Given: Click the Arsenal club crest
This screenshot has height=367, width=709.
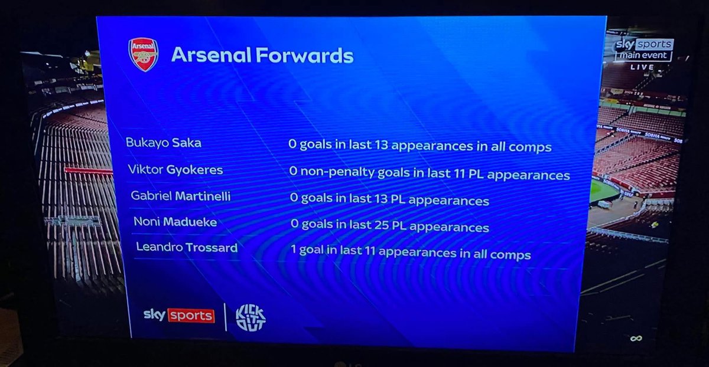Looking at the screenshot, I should [x=143, y=54].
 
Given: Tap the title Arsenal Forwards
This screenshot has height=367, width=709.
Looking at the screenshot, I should [x=262, y=55].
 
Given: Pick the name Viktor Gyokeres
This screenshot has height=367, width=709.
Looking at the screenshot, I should [x=175, y=170].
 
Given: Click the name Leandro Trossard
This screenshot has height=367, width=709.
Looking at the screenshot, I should [x=187, y=247].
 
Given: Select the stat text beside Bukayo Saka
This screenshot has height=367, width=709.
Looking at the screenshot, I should [x=419, y=146].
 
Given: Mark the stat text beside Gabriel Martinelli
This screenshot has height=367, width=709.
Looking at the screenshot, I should [x=389, y=199].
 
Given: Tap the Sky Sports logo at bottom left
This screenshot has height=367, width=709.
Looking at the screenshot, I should [x=178, y=314].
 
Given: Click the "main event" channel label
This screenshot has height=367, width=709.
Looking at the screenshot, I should [x=643, y=56].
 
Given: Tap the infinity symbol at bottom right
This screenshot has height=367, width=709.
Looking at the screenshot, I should [x=636, y=338].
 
